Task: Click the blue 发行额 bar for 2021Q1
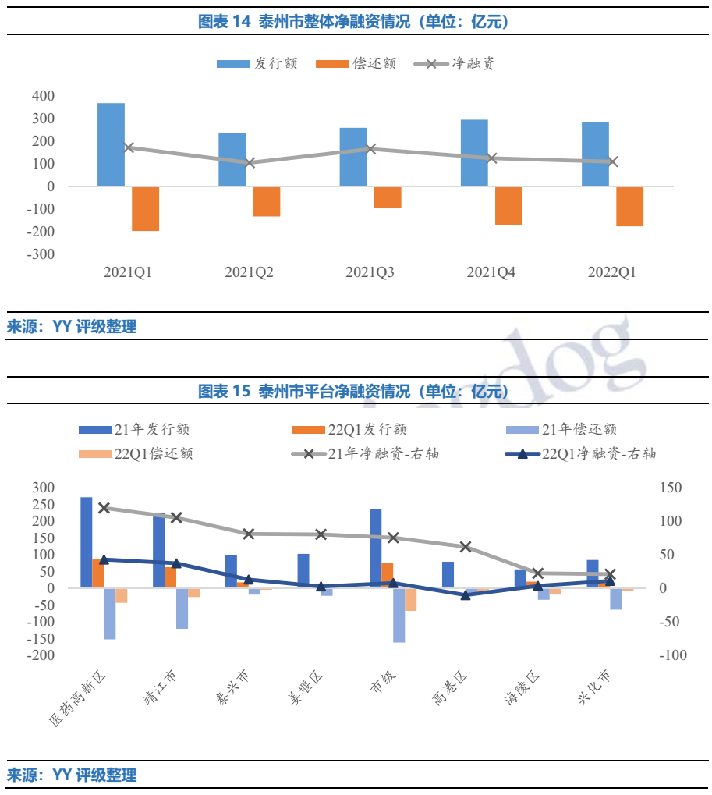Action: pos(111,144)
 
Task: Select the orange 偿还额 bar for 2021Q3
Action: pos(388,197)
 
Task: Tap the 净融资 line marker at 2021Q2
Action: pos(250,163)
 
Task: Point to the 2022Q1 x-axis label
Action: pos(611,272)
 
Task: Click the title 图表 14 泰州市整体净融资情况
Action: pos(356,22)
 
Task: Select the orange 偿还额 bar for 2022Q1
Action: pos(629,207)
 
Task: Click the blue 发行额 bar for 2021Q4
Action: pos(474,153)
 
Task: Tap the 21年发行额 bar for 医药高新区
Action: pos(86,542)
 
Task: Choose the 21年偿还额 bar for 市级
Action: pos(399,615)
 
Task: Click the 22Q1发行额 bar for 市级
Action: pos(388,575)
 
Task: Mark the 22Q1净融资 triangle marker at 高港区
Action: pos(466,595)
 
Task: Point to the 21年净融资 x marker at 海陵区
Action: pos(537,573)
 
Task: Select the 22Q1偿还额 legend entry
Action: pos(137,453)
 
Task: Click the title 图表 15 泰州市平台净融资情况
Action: pos(356,391)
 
